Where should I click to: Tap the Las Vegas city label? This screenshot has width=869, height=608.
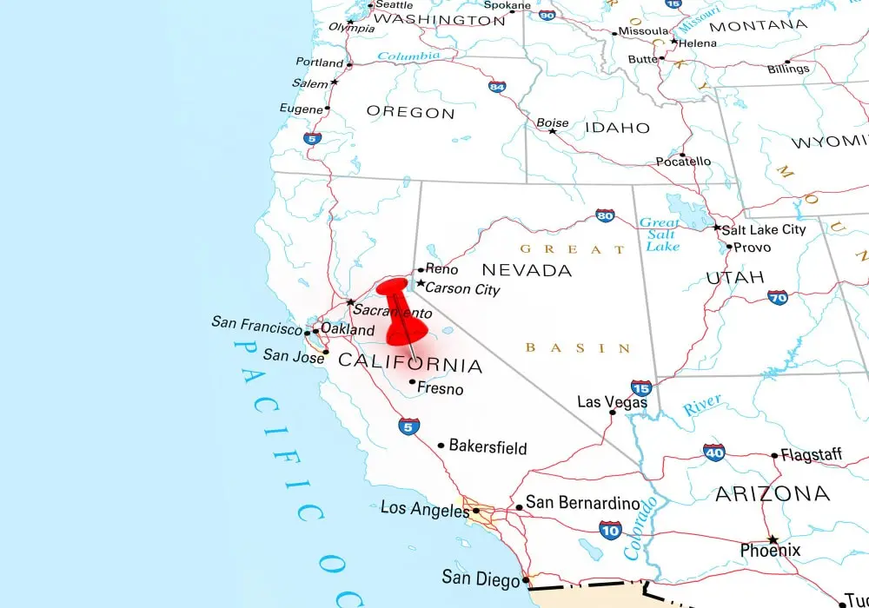coord(613,403)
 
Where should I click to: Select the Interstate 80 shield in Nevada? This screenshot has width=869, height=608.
coord(606,215)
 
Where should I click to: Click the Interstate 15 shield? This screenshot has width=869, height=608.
coord(641,387)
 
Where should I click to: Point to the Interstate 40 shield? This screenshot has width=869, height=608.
coord(714,453)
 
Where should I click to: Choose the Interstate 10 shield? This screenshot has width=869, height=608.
coord(610,529)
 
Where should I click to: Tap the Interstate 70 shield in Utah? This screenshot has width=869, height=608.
coord(778,297)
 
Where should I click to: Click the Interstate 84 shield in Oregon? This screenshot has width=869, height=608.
coord(497,87)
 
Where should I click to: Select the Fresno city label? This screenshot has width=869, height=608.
coord(441,389)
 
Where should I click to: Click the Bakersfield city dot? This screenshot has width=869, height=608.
coord(441,446)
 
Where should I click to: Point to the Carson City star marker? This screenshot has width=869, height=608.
coord(421,284)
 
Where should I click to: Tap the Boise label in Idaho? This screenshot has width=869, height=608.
coord(553,122)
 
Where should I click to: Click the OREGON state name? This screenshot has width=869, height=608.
coord(410,112)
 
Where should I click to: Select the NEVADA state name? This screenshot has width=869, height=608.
coord(527,270)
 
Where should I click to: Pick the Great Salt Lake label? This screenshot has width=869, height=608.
coord(660,235)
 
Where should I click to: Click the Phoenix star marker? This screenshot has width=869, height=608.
coord(773,539)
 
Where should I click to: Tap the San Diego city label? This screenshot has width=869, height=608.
coord(481,577)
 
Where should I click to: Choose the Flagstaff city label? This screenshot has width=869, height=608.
coord(812,454)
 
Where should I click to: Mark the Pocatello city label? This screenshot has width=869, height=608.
coord(683,162)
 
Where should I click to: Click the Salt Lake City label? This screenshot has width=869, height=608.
coord(764,229)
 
